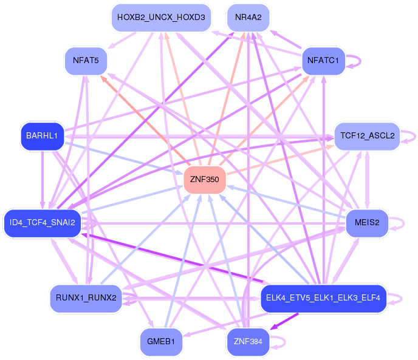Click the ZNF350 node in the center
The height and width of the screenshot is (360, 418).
(x=205, y=180)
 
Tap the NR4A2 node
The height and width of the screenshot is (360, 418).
(x=248, y=18)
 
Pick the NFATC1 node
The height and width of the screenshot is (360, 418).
(x=323, y=61)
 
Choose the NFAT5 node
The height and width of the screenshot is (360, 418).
(x=86, y=61)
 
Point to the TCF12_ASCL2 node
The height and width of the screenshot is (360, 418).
(x=367, y=136)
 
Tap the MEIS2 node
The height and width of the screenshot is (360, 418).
(x=367, y=223)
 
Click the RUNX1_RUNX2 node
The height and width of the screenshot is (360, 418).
(x=86, y=297)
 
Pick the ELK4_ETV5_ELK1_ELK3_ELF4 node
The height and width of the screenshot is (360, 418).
(x=323, y=297)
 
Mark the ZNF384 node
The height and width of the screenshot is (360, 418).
(x=247, y=341)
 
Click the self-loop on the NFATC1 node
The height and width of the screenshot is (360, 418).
(x=360, y=61)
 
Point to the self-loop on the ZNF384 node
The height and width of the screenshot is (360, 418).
(x=284, y=341)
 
